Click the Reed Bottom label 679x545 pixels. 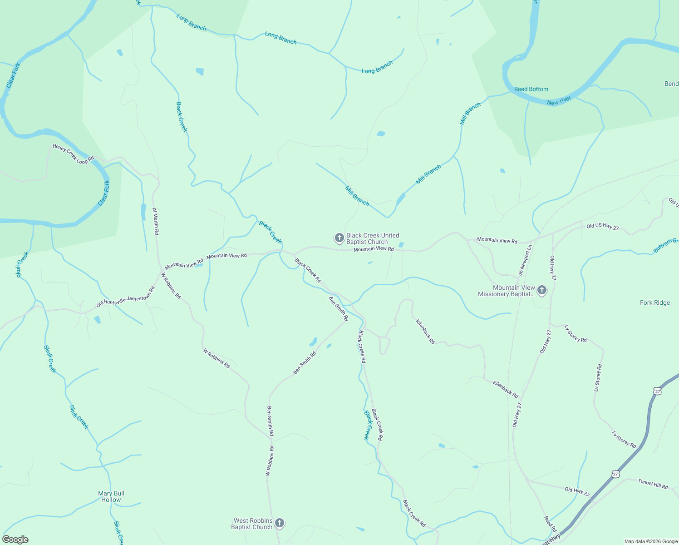click(531, 89)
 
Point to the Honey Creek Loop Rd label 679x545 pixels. click(73, 154)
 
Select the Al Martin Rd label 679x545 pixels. click(155, 221)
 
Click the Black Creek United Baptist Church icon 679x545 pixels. click(339, 238)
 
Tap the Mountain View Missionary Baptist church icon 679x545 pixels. click(541, 290)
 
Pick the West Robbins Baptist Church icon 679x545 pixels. click(280, 523)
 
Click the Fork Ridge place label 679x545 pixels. click(654, 302)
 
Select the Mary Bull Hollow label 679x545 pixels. click(111, 496)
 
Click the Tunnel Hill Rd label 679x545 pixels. click(653, 484)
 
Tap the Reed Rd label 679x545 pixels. click(550, 524)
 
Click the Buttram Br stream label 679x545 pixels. click(665, 246)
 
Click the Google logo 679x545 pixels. click(15, 540)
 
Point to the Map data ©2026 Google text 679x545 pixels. click(651, 541)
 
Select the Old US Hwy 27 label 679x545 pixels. click(602, 227)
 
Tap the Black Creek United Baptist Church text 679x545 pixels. click(372, 238)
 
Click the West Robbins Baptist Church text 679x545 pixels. click(252, 524)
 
